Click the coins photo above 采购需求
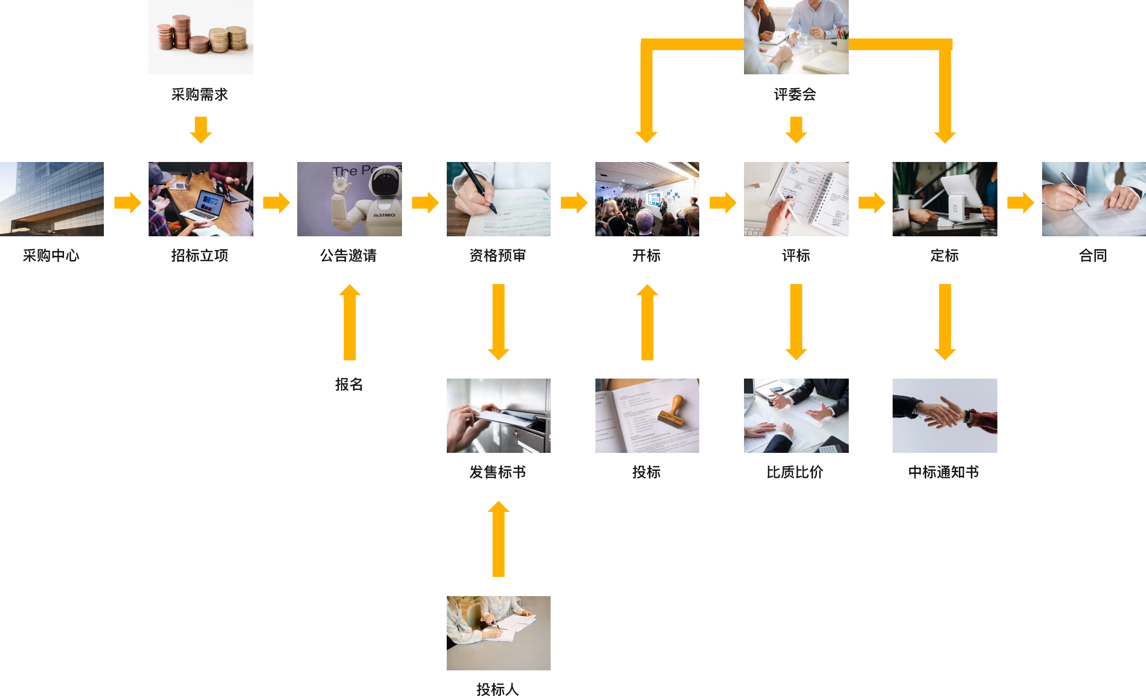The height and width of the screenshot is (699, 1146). [201, 37]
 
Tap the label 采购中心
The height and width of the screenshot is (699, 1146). [51, 256]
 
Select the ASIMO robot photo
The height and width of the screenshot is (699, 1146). [349, 199]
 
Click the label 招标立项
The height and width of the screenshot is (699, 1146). [200, 256]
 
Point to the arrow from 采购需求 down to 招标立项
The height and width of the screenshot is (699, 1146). [201, 130]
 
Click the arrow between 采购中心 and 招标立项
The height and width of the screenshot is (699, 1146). [127, 202]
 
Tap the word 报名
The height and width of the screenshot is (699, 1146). [349, 384]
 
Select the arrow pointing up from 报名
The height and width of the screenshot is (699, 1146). [349, 322]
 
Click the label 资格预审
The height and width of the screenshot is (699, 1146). [497, 256]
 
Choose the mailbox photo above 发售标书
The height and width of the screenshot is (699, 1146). [498, 415]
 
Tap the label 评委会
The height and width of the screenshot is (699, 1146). [795, 94]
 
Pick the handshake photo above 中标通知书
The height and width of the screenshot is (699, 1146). [945, 415]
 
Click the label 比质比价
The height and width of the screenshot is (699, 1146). [795, 472]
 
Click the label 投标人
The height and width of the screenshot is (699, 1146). [497, 689]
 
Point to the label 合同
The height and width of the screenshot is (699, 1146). [1093, 256]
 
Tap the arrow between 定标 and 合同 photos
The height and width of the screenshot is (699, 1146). [1020, 202]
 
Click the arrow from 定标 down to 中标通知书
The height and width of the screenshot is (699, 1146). [945, 322]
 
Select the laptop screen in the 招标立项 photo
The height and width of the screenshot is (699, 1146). [210, 203]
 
